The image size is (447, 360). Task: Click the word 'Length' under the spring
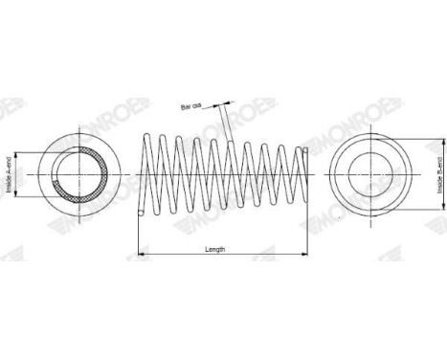click(x=215, y=250)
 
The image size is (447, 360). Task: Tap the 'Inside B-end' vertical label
click(x=439, y=175)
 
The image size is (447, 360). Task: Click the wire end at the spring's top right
click(x=304, y=148)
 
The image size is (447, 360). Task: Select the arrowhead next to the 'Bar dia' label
click(x=228, y=103)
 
